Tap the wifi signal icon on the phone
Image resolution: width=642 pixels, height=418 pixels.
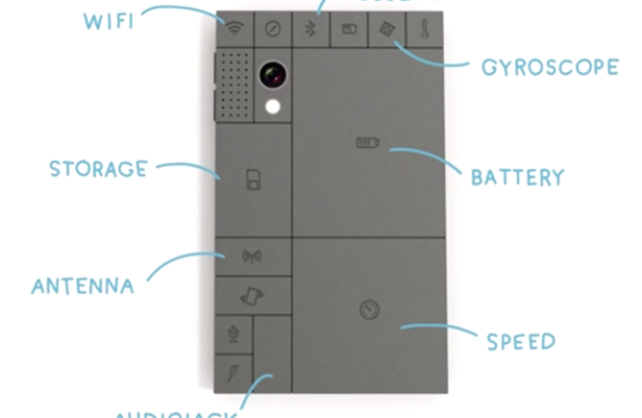tap(235, 29)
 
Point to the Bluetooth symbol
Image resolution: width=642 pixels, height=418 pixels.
tap(309, 29)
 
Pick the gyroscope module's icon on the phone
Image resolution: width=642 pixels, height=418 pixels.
tap(385, 29)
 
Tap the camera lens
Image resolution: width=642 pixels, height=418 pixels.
tap(273, 74)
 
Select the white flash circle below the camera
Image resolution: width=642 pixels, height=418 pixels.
tap(273, 108)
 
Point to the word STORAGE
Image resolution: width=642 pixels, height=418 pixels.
tap(99, 170)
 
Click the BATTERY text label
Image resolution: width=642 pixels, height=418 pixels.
tap(516, 178)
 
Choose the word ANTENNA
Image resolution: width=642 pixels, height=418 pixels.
tap(82, 286)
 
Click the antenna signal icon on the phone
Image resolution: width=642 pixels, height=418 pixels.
tap(253, 257)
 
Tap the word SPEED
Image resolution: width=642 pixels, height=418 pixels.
tap(520, 341)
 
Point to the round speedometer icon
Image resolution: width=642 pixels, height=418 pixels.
tap(368, 308)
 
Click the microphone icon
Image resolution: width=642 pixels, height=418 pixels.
tap(233, 334)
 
